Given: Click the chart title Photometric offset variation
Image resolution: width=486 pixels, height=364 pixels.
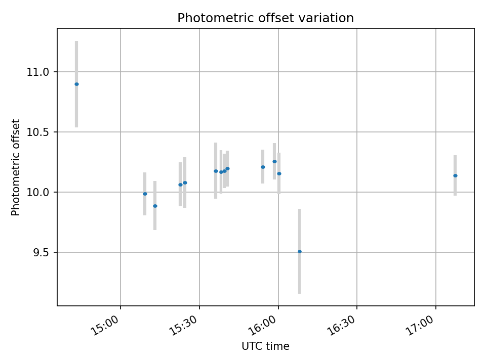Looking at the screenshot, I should [265, 18].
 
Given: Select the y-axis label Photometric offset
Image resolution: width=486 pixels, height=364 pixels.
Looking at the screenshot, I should [16, 167].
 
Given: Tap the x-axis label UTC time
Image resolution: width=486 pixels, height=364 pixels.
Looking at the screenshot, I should [265, 346].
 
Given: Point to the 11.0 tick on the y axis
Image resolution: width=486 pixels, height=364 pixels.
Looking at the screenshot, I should [38, 72].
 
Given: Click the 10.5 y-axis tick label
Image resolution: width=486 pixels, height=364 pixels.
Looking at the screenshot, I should [38, 132].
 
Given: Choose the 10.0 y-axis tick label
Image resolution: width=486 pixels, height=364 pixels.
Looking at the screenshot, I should [38, 192].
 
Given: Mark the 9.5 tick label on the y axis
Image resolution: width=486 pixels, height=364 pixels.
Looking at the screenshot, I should [41, 252].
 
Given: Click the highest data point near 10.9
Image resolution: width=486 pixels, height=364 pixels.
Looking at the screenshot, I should [76, 84].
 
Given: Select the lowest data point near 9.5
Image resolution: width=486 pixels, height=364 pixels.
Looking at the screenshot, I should [299, 251].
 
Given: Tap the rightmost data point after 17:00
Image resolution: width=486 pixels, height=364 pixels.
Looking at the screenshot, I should [455, 175].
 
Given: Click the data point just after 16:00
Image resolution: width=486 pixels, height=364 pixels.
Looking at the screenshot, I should [279, 173].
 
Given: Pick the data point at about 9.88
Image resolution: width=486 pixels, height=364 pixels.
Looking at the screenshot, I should [155, 206].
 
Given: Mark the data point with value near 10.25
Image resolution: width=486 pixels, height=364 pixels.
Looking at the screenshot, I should [274, 161].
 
